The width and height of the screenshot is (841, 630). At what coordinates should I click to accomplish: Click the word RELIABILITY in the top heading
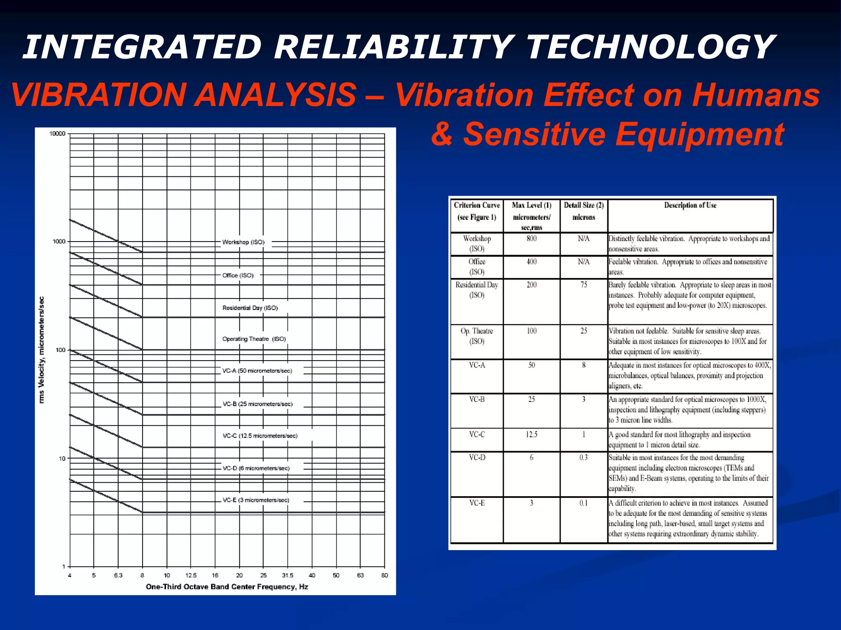coord(393,47)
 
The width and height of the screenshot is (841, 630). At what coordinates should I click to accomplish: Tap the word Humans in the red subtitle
coord(756,95)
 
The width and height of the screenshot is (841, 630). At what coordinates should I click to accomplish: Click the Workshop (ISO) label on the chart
coord(243,242)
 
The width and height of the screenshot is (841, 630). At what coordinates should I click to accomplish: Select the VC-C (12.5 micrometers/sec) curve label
coord(260,436)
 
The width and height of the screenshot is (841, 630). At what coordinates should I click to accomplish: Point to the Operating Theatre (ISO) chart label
coord(254,339)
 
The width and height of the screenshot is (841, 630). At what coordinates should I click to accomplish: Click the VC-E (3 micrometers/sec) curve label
coord(255,500)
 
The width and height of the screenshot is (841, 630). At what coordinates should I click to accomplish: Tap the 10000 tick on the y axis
coord(57,134)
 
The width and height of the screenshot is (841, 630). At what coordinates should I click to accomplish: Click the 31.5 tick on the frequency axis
coord(287,575)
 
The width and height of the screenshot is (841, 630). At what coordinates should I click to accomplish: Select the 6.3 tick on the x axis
coord(118,575)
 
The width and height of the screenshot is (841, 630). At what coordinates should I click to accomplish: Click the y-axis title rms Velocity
coord(41,349)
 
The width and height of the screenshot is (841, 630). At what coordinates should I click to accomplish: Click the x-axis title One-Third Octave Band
coord(227,587)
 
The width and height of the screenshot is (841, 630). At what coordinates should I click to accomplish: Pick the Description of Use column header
coord(690,205)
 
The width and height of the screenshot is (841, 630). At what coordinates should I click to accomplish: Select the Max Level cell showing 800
coord(531,239)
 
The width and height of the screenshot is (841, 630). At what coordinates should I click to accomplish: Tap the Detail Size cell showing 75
coord(584,285)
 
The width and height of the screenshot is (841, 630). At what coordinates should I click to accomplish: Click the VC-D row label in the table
coord(477,457)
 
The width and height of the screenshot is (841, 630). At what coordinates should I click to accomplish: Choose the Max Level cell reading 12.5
coord(531,434)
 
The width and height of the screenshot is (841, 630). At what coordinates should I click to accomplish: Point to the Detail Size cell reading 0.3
coord(584,457)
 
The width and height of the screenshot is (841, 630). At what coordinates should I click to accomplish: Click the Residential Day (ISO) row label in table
coord(477,290)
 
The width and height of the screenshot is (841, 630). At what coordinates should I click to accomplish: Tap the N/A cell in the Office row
coord(584,262)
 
